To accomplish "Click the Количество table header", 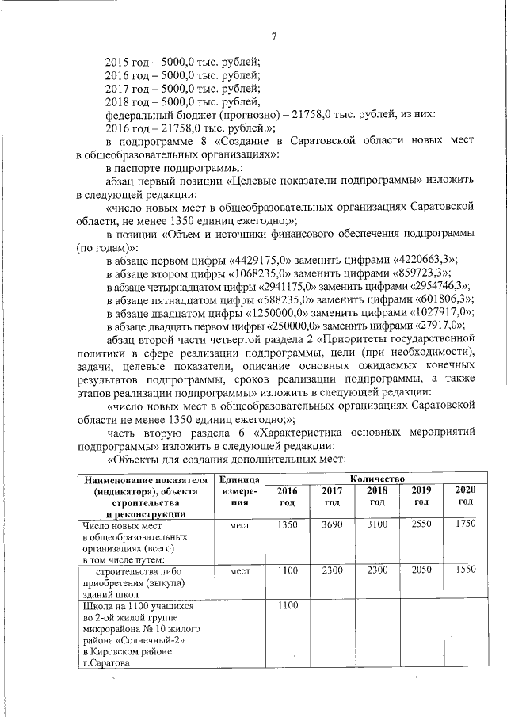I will [x=374, y=479].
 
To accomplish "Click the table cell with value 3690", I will [x=332, y=525].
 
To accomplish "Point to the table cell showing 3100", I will [x=377, y=525].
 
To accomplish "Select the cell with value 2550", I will [x=421, y=525].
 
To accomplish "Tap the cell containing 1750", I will [x=464, y=525].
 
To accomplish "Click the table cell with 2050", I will [x=421, y=570].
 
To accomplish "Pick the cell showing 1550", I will [x=464, y=570].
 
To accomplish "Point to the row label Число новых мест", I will [x=117, y=525].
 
